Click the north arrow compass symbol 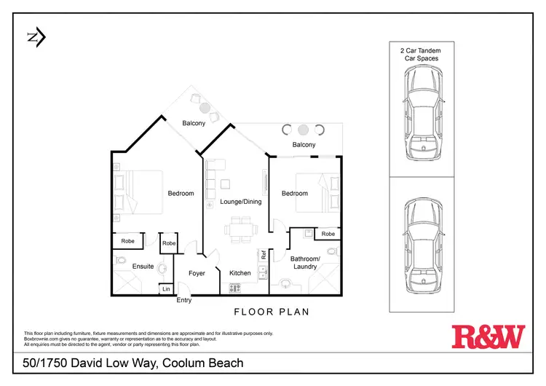(36, 37)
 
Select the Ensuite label (143, 267)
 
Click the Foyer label (197, 273)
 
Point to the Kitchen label (240, 273)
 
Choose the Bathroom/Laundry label (304, 262)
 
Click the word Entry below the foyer (184, 300)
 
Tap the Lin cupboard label (166, 290)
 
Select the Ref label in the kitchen (264, 255)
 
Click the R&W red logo (488, 336)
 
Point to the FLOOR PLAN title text (271, 312)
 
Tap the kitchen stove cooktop (235, 288)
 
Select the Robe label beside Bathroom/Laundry (328, 234)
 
